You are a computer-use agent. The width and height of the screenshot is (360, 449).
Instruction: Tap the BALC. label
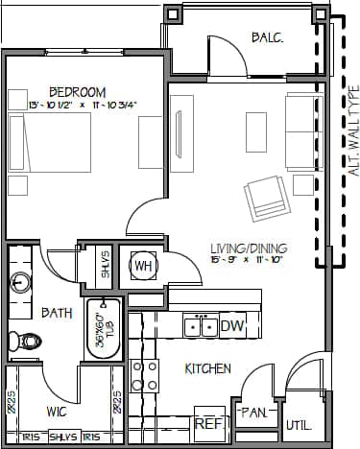click(x=266, y=37)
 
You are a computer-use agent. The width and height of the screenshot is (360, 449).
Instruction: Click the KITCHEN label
click(x=207, y=368)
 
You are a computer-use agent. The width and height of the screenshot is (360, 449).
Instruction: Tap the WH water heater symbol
click(x=144, y=266)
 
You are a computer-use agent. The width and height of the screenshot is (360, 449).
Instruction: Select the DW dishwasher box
click(x=233, y=326)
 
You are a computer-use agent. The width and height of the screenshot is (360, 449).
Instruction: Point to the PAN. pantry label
click(x=253, y=413)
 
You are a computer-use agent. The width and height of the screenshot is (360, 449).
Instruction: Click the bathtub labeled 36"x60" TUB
click(x=101, y=330)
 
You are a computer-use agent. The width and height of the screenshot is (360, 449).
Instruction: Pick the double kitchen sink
click(x=201, y=326)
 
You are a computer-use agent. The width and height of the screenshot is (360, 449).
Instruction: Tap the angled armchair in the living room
click(x=265, y=197)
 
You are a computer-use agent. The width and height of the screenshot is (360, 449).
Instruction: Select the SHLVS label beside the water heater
click(x=106, y=264)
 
